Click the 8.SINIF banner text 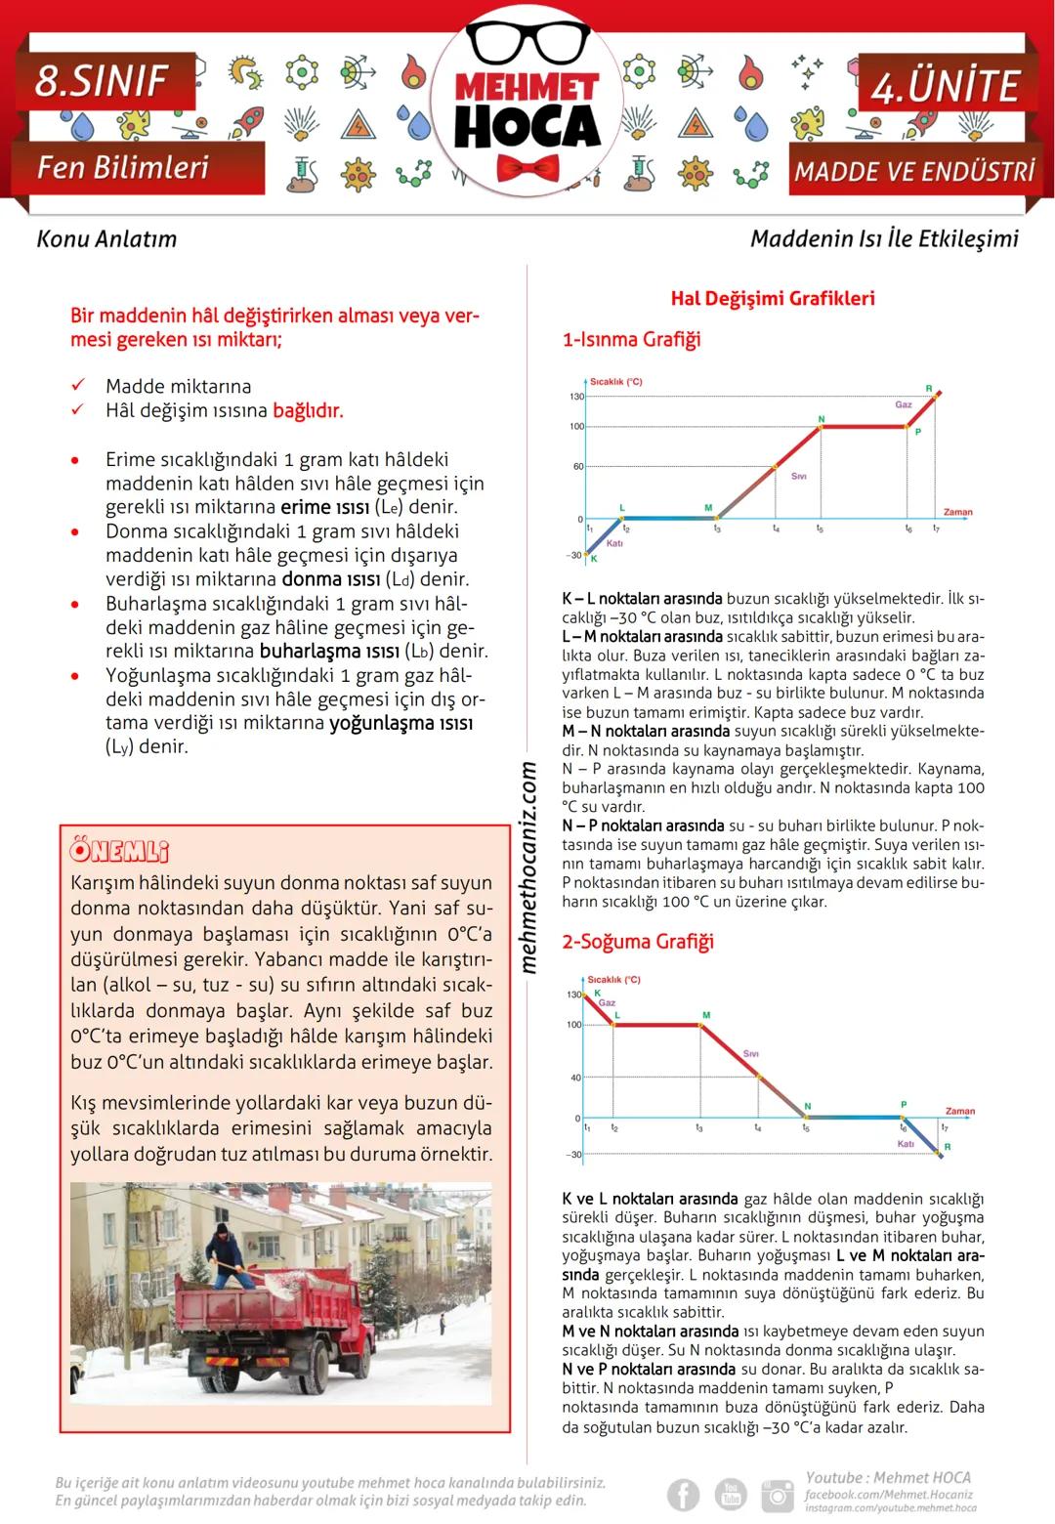point(102,82)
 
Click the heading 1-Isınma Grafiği point(631,340)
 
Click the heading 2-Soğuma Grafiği point(638,942)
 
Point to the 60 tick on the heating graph point(578,467)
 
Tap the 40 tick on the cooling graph point(575,1079)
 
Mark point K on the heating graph point(592,557)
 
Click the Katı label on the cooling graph point(906,1143)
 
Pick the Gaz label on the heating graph point(904,404)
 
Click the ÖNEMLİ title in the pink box point(119,851)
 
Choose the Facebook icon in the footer point(684,1495)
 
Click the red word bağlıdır point(308,410)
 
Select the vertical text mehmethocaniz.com point(528,868)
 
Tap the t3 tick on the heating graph point(716,529)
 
